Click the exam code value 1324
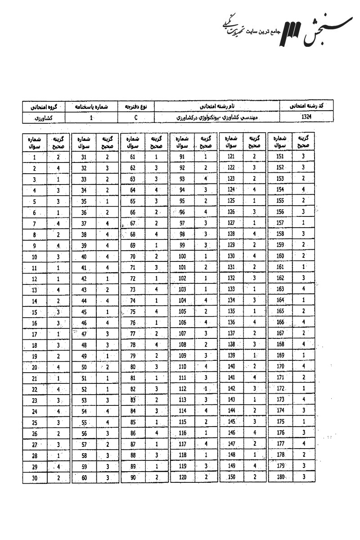307,116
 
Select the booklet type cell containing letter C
135,117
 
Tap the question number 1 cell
35,157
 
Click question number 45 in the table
84,312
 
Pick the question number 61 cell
133,157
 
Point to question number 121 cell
231,157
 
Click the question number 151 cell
280,157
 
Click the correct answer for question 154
304,189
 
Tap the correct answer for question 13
58,289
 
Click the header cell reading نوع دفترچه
135,107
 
